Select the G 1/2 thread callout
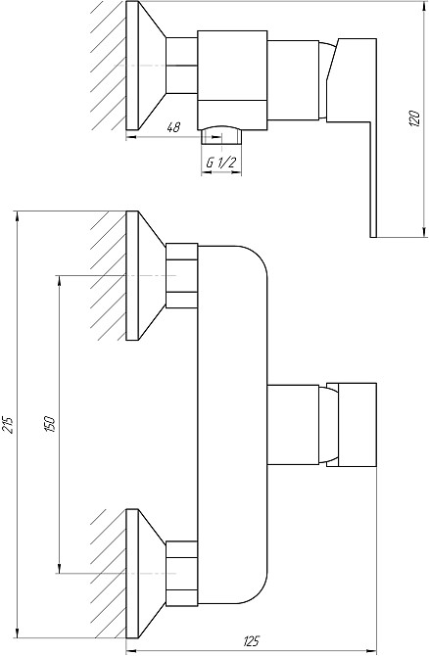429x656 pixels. (x=219, y=164)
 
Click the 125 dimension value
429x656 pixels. (x=252, y=641)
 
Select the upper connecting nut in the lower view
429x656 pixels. (x=181, y=276)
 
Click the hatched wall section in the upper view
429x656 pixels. (x=108, y=64)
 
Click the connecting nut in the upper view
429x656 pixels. (x=181, y=65)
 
